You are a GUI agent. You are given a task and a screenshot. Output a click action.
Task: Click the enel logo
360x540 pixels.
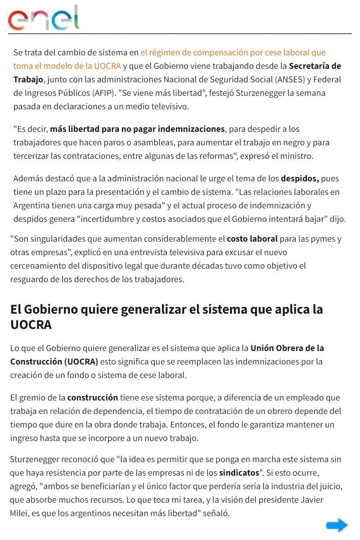44,18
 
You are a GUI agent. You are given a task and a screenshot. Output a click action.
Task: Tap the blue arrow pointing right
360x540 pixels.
337,525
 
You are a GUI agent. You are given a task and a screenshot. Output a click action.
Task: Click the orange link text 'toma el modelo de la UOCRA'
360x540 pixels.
67,66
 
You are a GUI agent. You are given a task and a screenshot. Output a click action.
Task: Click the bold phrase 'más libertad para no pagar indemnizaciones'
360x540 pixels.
137,129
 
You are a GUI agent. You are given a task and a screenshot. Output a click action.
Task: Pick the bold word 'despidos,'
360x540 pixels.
300,178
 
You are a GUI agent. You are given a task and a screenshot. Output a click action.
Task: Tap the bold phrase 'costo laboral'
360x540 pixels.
252,238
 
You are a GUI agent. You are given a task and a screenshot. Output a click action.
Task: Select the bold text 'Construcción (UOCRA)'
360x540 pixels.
54,361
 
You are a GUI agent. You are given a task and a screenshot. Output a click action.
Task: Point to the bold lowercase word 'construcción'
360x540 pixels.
93,397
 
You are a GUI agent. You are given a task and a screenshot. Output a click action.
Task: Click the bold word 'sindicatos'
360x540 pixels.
239,473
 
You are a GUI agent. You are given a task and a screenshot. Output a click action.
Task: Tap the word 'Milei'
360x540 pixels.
20,513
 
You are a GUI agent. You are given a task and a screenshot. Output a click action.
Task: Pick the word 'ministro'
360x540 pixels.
297,156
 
